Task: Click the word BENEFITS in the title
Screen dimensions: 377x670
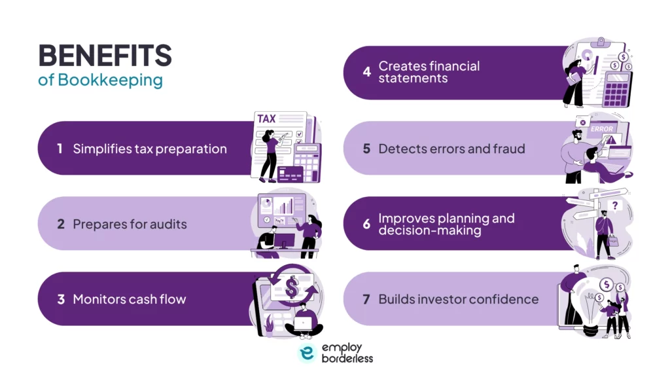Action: click(105, 56)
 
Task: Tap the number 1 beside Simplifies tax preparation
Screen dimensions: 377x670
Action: click(60, 149)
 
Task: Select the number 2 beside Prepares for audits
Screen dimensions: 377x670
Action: click(60, 224)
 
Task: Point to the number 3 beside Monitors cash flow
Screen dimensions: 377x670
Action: click(60, 299)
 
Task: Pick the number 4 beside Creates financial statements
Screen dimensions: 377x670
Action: click(366, 72)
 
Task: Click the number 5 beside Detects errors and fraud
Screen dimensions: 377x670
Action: click(366, 149)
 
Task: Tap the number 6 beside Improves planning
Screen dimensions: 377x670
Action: click(366, 224)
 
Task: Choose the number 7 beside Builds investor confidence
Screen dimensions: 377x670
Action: click(366, 299)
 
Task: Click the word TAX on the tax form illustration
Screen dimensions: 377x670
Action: click(266, 119)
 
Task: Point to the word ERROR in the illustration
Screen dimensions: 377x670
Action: click(601, 129)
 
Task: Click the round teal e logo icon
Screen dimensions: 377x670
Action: click(307, 353)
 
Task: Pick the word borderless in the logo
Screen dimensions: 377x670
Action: click(347, 359)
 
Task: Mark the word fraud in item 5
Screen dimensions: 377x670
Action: click(508, 149)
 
